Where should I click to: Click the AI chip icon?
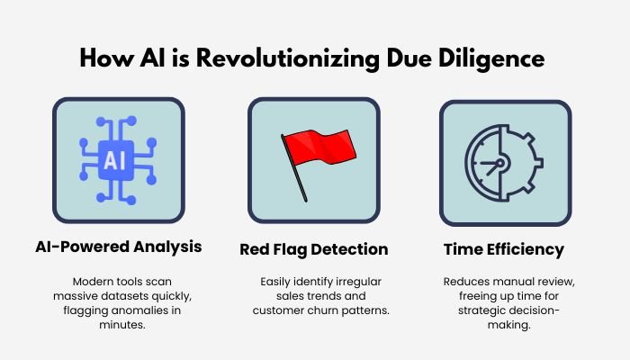coord(119,162)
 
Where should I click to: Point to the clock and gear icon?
coord(503,163)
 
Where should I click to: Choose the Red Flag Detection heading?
coord(313,249)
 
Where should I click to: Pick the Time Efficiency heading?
coord(504,247)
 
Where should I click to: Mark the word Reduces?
coord(464,283)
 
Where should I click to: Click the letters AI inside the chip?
coord(119,161)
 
